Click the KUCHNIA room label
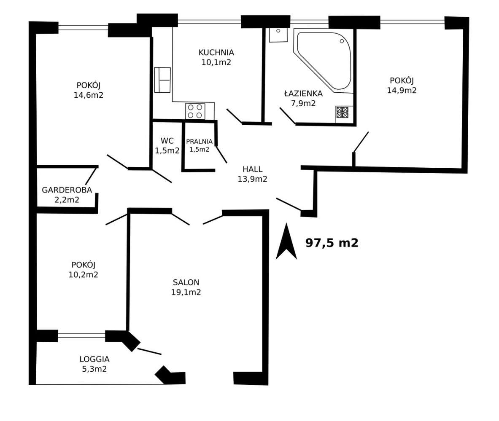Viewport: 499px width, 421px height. coord(216,52)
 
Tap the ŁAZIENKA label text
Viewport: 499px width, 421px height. coord(303,93)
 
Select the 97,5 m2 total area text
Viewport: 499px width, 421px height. coord(332,243)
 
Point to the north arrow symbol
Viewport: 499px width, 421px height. coord(286,241)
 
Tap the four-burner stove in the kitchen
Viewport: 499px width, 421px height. coord(195,111)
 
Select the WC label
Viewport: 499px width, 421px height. coord(167,141)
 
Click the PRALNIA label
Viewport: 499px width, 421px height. coord(199,142)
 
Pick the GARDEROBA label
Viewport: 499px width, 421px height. coord(67,190)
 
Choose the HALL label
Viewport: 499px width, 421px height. coord(252,169)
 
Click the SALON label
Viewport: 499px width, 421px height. coord(186,282)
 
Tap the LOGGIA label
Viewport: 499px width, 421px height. coord(94,359)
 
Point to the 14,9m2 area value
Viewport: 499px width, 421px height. coord(402,90)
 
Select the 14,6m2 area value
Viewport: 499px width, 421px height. coord(89,95)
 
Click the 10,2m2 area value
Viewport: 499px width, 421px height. coord(84,274)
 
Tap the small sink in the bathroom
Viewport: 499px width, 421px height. coord(278,35)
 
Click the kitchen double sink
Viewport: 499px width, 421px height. coord(162,80)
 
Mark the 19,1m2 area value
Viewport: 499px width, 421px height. coord(186,292)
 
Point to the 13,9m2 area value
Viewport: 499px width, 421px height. coord(252,179)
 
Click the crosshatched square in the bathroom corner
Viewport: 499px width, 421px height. coord(343,112)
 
